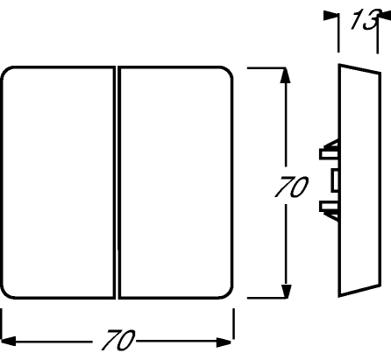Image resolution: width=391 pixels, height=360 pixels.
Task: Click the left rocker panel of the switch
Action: pos(58,183)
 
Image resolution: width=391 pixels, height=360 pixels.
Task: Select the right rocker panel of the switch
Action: pos(175,183)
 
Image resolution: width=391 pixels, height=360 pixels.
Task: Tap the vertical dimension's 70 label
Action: pos(291,187)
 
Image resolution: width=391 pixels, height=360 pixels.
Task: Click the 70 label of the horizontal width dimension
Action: pos(118,340)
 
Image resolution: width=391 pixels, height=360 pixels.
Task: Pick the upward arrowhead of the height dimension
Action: pos(285,75)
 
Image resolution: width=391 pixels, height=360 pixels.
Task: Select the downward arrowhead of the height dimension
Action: pos(286,291)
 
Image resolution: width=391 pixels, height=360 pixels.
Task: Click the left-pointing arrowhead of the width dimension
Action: pos(8,341)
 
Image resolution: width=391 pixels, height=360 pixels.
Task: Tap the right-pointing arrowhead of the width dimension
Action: pos(224,342)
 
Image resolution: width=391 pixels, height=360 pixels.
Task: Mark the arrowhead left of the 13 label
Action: pos(331,16)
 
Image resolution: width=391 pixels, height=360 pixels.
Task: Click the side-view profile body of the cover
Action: pos(359,180)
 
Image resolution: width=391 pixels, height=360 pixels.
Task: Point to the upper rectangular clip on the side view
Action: pos(329,154)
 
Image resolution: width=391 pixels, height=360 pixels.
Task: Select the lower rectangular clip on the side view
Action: pos(329,206)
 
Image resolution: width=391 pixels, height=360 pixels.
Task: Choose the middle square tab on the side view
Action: pos(335,180)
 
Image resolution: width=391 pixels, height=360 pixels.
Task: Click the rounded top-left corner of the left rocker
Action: pos(7,73)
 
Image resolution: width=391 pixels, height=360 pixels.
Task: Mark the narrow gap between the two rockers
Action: pos(117,183)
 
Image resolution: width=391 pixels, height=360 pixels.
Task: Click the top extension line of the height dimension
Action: pos(267,67)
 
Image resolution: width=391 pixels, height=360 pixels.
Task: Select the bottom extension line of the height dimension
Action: pos(267,298)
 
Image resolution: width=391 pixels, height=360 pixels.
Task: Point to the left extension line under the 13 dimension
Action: pos(338,32)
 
